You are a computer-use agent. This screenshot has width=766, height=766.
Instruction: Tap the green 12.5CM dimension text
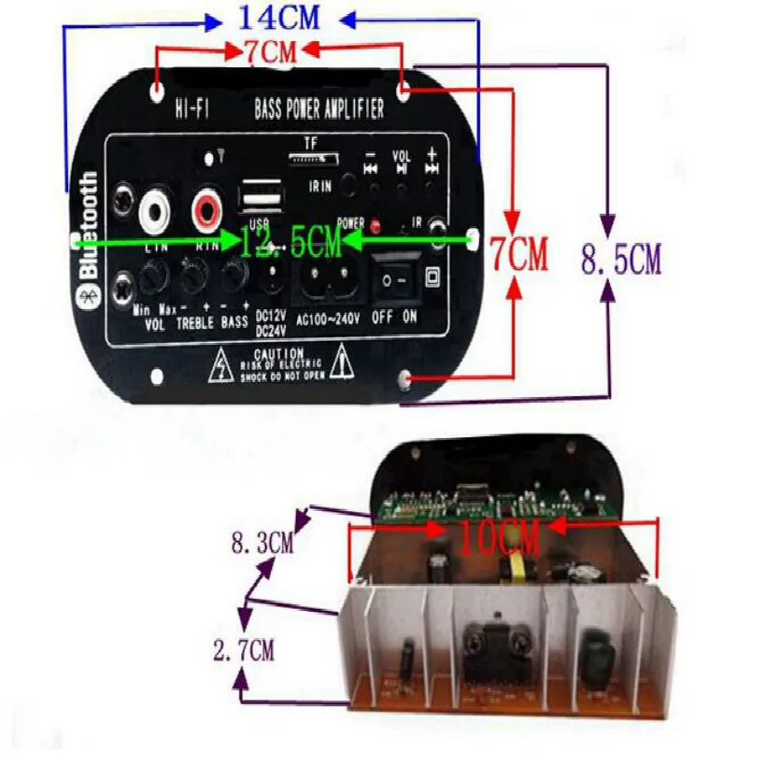[290, 245]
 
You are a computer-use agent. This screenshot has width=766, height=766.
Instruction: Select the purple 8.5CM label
[621, 260]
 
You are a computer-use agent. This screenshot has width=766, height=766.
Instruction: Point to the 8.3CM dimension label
[262, 542]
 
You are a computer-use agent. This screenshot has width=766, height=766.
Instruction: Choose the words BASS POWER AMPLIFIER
[319, 109]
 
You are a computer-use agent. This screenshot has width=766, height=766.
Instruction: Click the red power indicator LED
[376, 226]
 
